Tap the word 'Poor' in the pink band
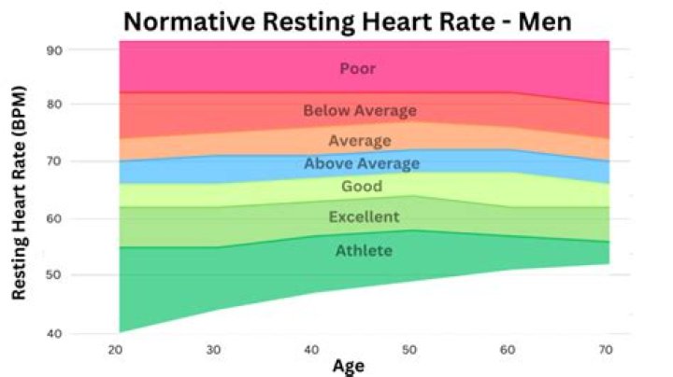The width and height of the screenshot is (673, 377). (x=358, y=68)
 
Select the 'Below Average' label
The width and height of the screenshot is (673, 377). (x=360, y=111)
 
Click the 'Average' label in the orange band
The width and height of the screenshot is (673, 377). (x=360, y=141)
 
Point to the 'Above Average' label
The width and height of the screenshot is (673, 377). (x=362, y=164)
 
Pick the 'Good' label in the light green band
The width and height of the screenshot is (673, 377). (x=362, y=187)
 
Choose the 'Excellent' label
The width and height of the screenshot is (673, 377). (x=364, y=217)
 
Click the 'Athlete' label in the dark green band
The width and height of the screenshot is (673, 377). (x=364, y=250)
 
